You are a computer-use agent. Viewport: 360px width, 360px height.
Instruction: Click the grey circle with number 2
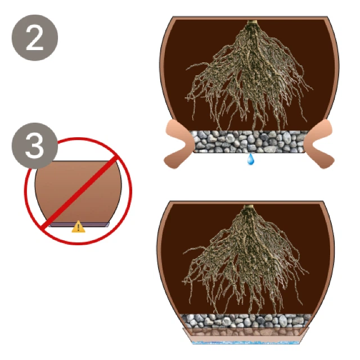tap(35, 38)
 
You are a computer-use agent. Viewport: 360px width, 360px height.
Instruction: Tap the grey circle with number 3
tap(35, 146)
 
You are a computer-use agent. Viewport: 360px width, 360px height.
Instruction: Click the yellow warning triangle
tap(79, 227)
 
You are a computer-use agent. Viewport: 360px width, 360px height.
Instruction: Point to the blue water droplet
tap(250, 159)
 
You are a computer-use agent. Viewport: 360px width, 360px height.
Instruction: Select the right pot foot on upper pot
tap(319, 143)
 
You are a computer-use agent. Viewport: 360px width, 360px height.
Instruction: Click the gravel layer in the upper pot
tap(249, 141)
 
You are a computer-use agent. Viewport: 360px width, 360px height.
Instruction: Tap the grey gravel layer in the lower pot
tap(246, 321)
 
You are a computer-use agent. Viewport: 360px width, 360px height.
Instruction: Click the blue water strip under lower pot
tap(246, 343)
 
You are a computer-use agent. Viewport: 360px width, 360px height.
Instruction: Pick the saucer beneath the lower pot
tap(246, 335)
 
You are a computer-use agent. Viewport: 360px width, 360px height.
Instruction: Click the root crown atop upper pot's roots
tap(252, 24)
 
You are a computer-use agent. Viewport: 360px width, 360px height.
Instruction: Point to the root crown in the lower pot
tap(249, 208)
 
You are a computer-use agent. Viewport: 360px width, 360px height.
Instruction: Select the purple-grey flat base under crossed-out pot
tap(79, 224)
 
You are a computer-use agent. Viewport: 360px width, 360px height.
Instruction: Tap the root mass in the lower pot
tap(246, 262)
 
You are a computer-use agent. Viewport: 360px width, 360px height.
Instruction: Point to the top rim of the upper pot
tap(250, 17)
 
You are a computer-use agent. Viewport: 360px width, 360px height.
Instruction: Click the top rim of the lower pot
tap(247, 202)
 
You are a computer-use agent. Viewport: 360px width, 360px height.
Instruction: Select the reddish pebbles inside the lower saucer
tap(246, 332)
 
